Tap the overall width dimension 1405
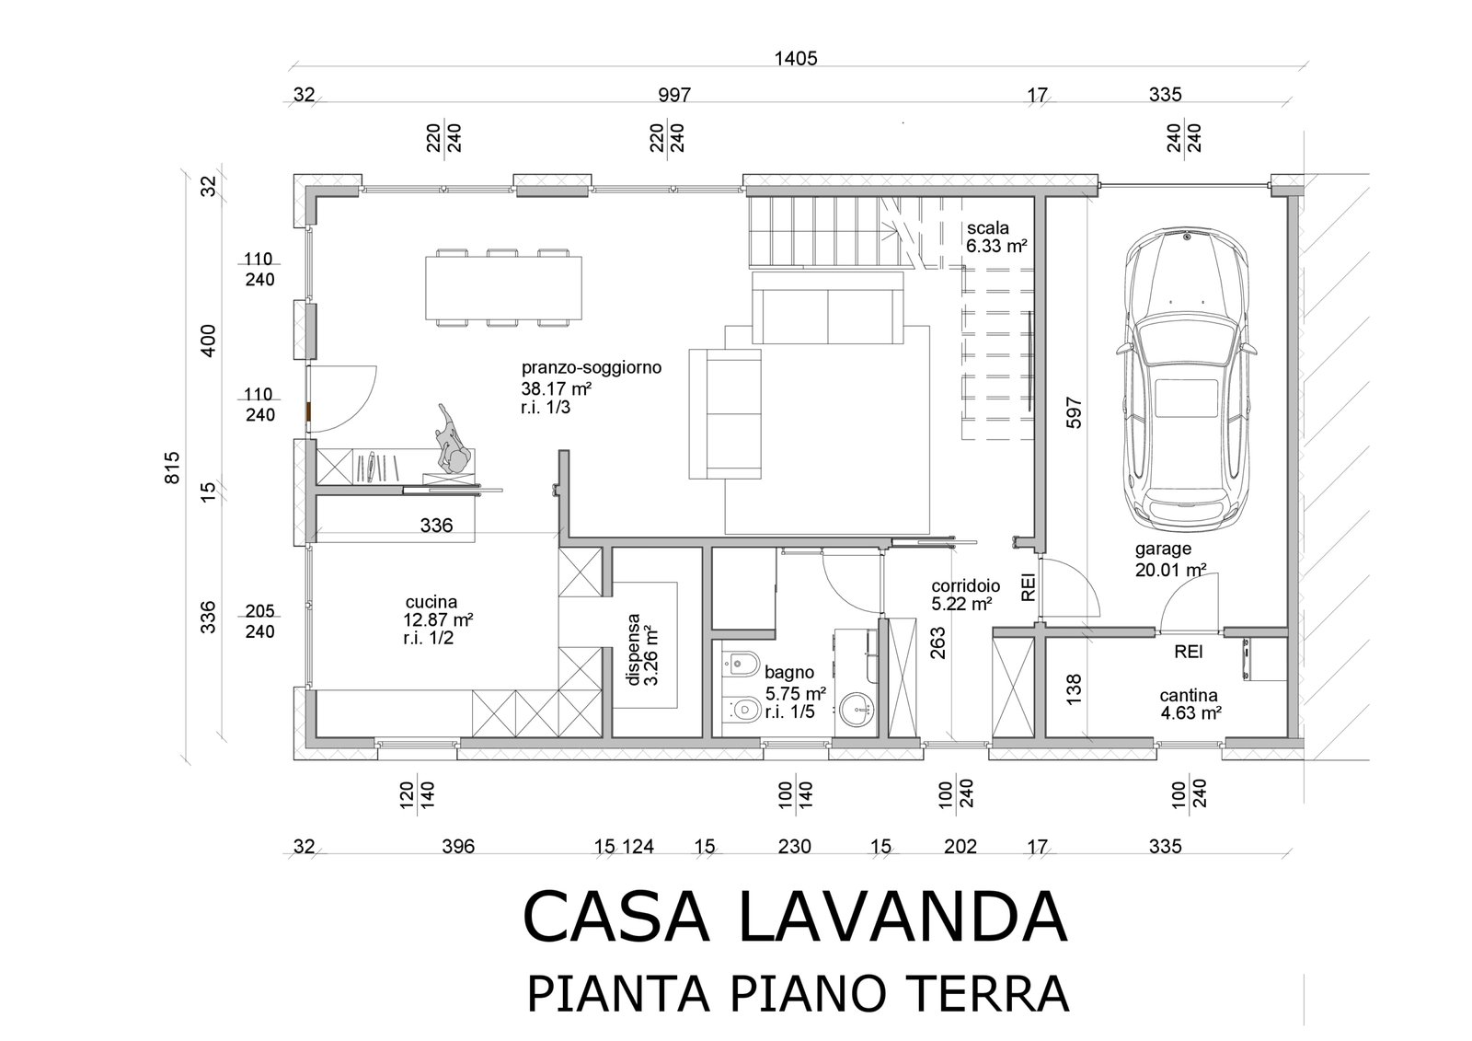[796, 59]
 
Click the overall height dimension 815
[171, 468]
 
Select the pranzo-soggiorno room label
[592, 367]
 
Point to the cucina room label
[431, 602]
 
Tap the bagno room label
[789, 673]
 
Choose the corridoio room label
[966, 586]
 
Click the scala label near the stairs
[988, 228]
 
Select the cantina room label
[1189, 695]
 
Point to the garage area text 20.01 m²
[1171, 570]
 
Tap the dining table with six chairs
[503, 288]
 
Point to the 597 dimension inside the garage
[1073, 412]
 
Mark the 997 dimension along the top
[675, 96]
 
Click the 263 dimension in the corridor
[937, 643]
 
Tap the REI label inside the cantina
[1189, 652]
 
